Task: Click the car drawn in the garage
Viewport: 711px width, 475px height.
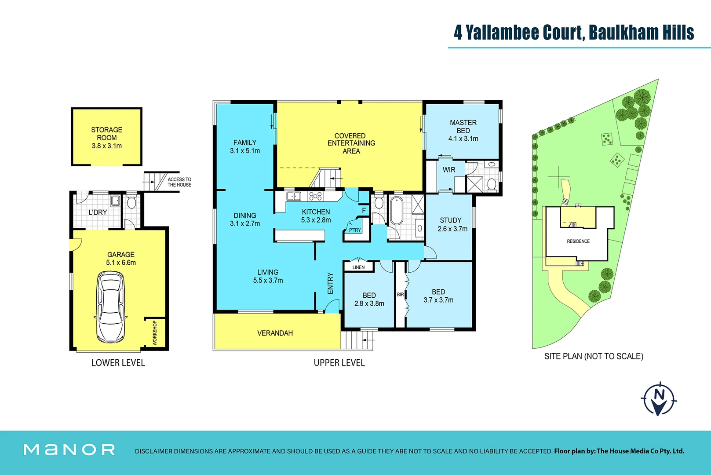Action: point(110,307)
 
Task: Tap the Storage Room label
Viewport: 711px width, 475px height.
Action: point(106,134)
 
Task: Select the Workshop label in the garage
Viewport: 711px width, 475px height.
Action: point(155,333)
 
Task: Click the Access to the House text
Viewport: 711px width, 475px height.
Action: point(179,182)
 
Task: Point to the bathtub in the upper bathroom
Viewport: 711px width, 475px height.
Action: point(396,211)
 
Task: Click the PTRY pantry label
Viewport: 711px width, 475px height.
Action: point(355,230)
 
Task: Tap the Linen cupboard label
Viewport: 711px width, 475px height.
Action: point(358,267)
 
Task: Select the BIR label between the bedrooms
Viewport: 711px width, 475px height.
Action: point(400,295)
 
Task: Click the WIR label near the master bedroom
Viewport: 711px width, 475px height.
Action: point(448,170)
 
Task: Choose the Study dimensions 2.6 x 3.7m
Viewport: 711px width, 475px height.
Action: point(452,229)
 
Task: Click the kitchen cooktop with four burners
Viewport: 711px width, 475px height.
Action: point(315,196)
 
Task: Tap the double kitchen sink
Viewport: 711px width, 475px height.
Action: point(293,196)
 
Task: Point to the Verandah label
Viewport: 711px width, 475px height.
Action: point(275,333)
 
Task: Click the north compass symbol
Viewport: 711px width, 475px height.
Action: point(658,399)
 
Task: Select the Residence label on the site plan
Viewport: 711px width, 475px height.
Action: point(578,241)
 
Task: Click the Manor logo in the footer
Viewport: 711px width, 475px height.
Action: point(69,449)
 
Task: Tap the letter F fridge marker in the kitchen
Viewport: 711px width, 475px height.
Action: point(364,211)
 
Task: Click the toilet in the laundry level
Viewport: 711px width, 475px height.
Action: point(131,203)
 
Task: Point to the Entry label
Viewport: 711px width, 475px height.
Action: point(330,283)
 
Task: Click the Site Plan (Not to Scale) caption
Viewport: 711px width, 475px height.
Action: point(593,356)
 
